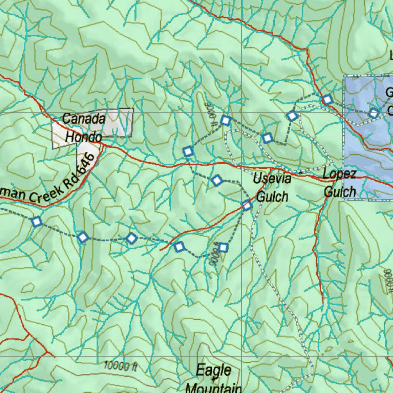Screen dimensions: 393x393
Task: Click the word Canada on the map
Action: click(83, 119)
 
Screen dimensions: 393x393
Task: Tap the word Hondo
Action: click(83, 137)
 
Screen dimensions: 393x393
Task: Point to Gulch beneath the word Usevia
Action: click(272, 196)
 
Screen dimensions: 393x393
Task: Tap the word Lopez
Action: click(339, 173)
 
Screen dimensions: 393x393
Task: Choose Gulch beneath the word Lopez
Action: click(340, 191)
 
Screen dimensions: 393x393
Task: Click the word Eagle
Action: click(214, 371)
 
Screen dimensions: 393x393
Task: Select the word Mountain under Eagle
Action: click(213, 387)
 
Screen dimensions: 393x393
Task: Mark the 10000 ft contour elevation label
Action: click(121, 366)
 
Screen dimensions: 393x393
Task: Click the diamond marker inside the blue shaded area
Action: click(373, 113)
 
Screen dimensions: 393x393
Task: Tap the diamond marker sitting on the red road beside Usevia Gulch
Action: click(247, 206)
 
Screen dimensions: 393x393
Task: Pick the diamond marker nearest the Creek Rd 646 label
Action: click(36, 221)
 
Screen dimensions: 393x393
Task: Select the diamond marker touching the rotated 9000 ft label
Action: click(223, 248)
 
